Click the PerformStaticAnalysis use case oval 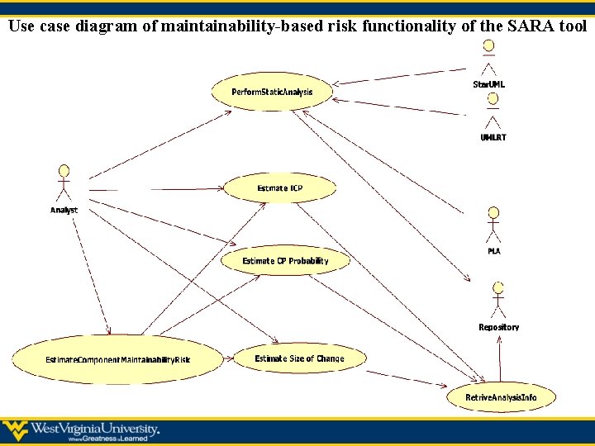pos(271,92)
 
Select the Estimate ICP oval pos(280,188)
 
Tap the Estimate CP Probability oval pos(285,261)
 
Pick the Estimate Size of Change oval pos(299,358)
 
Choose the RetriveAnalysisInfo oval pos(501,397)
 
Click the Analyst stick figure pos(64,183)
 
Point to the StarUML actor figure pos(489,58)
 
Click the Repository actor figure pos(498,300)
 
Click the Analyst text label pos(64,211)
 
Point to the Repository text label pos(499,328)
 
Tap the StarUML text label pos(489,85)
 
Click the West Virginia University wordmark pos(95,429)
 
